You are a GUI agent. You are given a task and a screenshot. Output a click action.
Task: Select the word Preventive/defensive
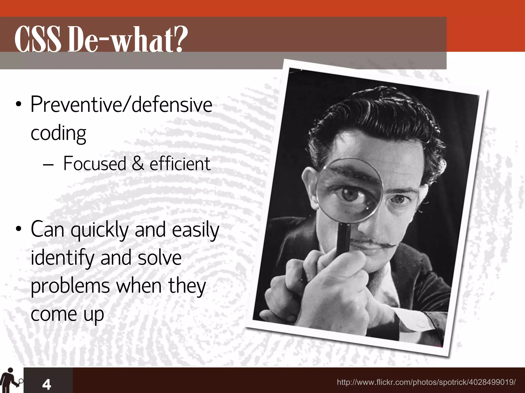(x=121, y=105)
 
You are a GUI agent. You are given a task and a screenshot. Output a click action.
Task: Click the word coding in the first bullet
(x=58, y=133)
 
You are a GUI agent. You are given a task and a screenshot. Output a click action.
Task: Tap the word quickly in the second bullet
(x=99, y=230)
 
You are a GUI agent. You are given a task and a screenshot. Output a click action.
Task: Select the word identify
(x=62, y=258)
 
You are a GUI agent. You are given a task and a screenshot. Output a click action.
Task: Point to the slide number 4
(x=47, y=384)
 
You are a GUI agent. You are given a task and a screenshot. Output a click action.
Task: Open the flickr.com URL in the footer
(x=426, y=382)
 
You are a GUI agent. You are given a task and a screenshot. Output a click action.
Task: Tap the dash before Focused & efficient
(x=48, y=164)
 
